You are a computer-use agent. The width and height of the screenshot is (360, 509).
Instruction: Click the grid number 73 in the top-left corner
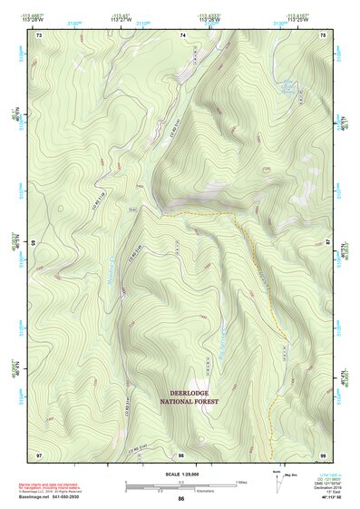click(x=39, y=34)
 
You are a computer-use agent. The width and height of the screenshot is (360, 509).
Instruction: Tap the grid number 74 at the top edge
click(x=182, y=34)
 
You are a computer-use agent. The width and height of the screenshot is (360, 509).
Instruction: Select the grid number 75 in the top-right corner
click(x=324, y=34)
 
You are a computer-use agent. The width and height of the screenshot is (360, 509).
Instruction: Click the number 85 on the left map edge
click(x=34, y=243)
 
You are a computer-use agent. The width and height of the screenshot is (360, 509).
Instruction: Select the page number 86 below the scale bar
click(x=181, y=500)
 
